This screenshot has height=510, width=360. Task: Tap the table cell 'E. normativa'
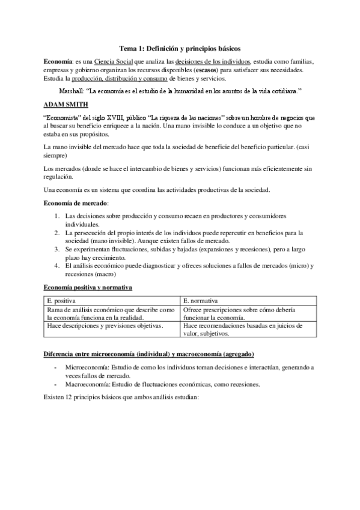[201, 300]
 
